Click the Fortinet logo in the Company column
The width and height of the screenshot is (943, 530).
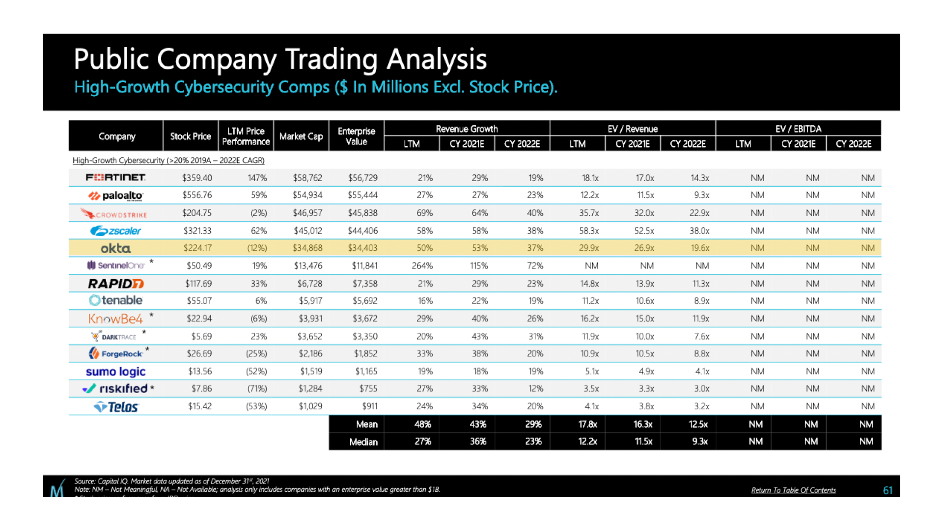tap(115, 178)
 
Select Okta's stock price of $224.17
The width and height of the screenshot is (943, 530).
tap(197, 248)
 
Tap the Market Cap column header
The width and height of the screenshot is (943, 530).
tap(301, 136)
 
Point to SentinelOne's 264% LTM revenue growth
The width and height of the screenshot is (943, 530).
tap(422, 265)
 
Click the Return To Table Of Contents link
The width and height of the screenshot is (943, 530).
tap(793, 490)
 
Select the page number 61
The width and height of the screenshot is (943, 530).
tap(888, 490)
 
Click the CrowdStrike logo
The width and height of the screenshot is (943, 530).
tap(114, 214)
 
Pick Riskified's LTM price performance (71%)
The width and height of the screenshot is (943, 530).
tap(257, 389)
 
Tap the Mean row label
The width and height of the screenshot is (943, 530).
tap(366, 424)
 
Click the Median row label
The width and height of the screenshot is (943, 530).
tap(363, 442)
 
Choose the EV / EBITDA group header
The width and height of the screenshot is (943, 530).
tap(798, 129)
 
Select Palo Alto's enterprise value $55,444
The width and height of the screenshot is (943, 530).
tap(362, 195)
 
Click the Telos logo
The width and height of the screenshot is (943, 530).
tap(116, 407)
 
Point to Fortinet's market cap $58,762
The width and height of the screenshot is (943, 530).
tap(307, 178)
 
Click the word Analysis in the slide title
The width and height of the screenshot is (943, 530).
tap(436, 59)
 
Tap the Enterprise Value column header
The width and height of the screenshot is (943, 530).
tap(356, 136)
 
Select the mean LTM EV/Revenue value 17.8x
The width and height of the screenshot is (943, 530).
tap(587, 424)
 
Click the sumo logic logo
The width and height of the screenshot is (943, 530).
tap(115, 371)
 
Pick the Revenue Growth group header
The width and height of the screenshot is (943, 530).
tap(467, 129)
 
